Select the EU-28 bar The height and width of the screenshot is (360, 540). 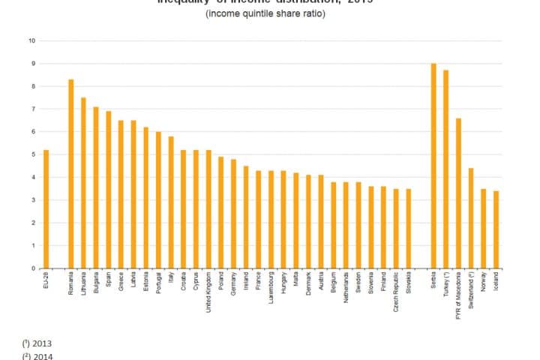[46, 209]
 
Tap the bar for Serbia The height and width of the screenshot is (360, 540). [433, 166]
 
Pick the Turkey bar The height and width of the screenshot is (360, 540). [446, 169]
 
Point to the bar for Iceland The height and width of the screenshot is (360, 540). [496, 229]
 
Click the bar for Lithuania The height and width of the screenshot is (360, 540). [83, 183]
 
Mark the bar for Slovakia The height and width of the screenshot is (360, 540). [409, 229]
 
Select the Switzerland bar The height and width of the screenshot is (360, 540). [471, 218]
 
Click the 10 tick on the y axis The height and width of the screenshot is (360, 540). [32, 40]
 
